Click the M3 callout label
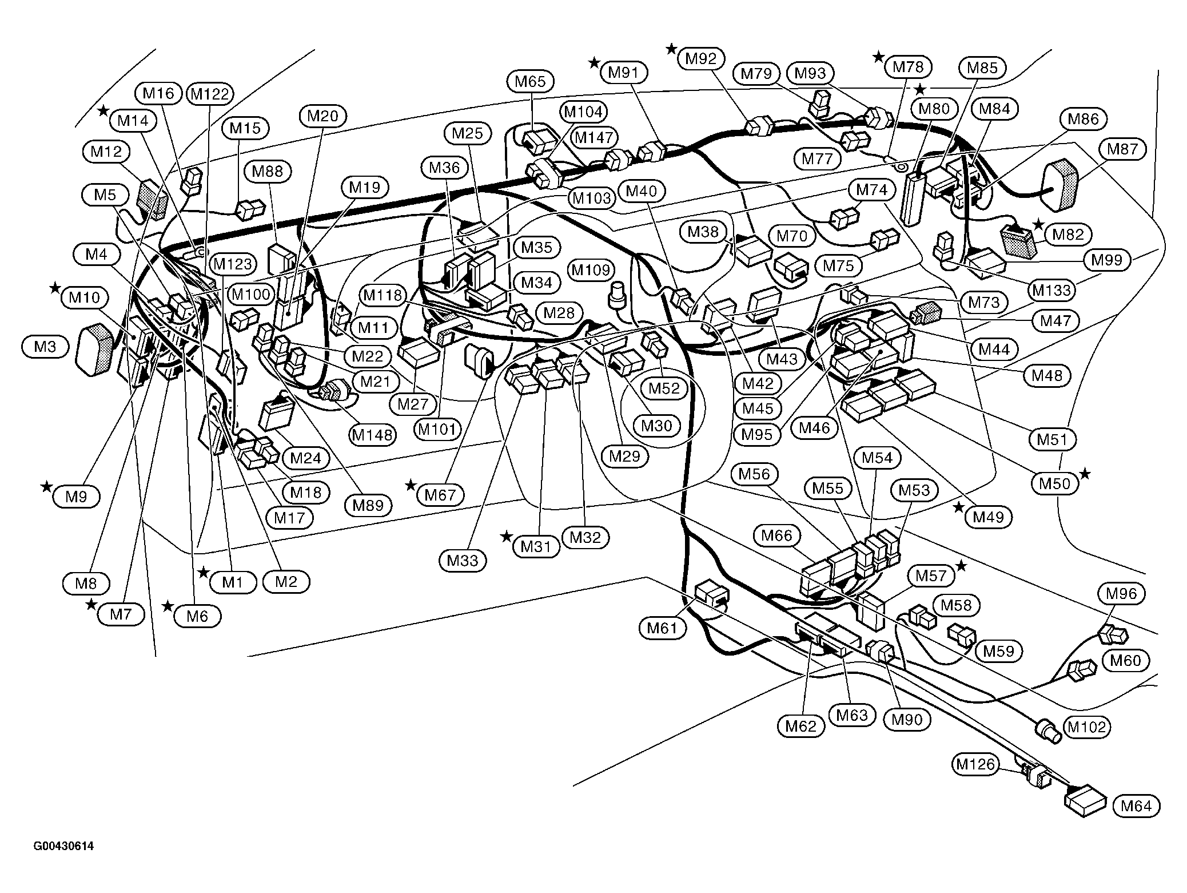pos(45,347)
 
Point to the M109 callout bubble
pos(591,269)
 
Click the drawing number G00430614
pos(63,846)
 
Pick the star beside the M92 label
pos(671,49)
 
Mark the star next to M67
pos(411,485)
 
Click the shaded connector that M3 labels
pos(95,350)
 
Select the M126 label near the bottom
pos(975,764)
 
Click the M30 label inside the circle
pos(656,426)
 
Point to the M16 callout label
pos(158,93)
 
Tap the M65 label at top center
pos(530,81)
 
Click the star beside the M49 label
pos(958,507)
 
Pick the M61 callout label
pos(662,629)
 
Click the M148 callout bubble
pos(373,435)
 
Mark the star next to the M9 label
pos(46,487)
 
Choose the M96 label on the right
pos(1121,594)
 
